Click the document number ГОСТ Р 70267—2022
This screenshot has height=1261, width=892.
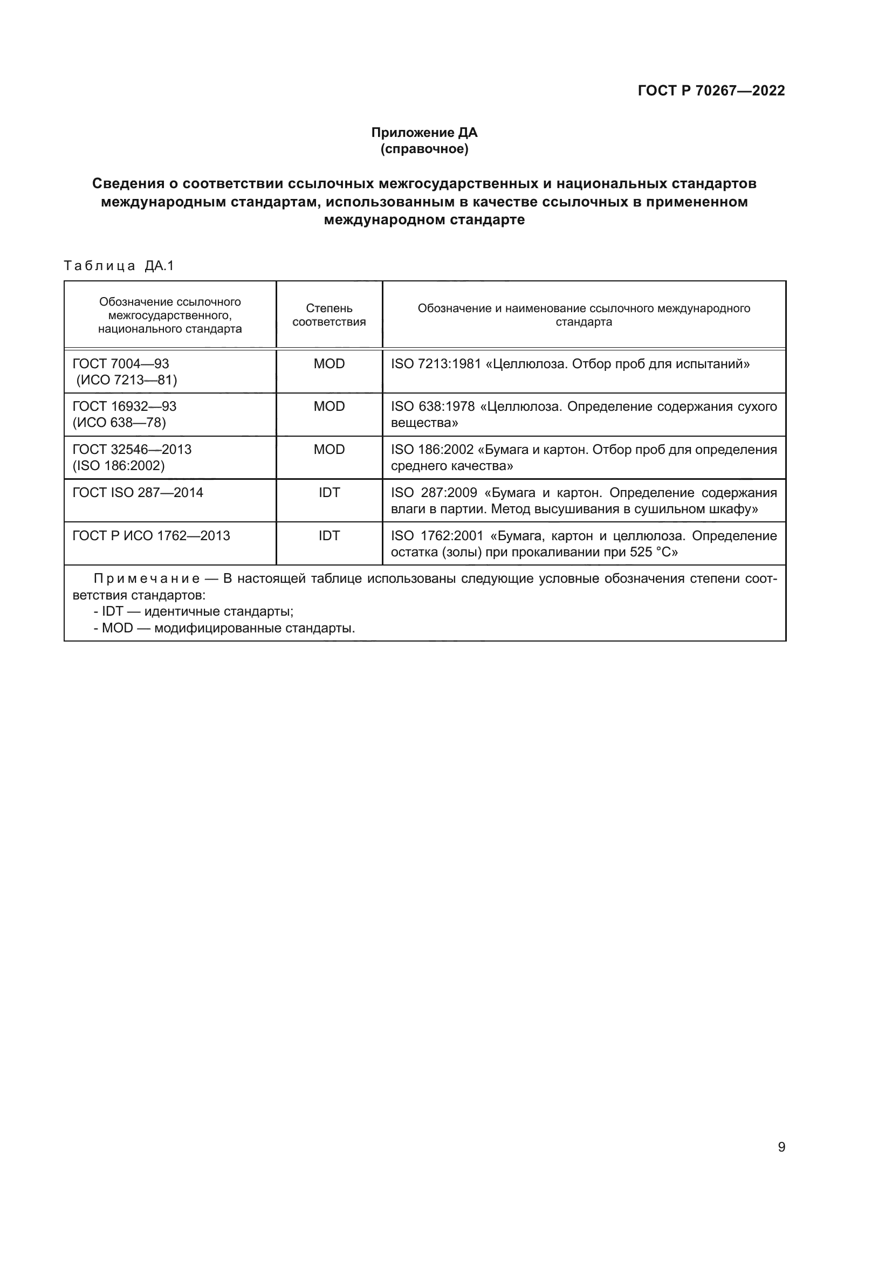click(x=711, y=91)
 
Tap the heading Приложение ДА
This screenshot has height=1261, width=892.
click(x=424, y=133)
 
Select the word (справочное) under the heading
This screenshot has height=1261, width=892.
click(x=424, y=149)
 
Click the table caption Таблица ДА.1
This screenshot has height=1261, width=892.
click(x=119, y=266)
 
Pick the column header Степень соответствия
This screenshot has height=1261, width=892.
click(x=328, y=315)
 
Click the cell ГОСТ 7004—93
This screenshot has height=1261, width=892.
click(x=121, y=363)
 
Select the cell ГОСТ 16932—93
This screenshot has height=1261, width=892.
click(x=124, y=406)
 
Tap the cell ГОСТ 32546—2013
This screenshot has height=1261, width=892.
click(x=132, y=449)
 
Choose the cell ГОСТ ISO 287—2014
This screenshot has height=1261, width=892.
click(x=138, y=493)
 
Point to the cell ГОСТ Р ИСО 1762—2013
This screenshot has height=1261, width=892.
click(x=151, y=535)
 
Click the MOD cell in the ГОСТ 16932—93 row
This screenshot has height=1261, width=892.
click(x=328, y=406)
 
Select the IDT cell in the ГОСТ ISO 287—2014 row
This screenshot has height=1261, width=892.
click(x=328, y=493)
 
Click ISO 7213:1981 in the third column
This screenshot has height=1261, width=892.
click(x=436, y=363)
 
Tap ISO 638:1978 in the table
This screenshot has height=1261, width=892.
click(x=433, y=406)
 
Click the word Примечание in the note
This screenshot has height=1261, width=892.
click(x=146, y=579)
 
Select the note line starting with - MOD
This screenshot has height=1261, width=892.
click(x=224, y=628)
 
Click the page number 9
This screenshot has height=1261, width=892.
click(x=781, y=1147)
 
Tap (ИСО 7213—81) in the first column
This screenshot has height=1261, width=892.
click(x=126, y=380)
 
